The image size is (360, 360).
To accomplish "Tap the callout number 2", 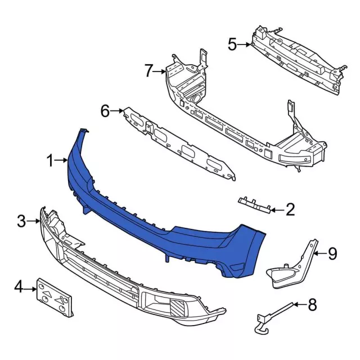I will click(290, 210).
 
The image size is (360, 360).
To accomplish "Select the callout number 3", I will click(21, 222).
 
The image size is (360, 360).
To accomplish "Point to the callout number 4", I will click(19, 288).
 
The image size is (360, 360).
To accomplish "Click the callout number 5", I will click(232, 43).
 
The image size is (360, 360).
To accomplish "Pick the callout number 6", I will click(105, 111).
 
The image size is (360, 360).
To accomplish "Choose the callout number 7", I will click(148, 71).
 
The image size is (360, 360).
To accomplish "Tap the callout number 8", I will click(312, 306).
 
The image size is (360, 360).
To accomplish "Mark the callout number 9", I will click(332, 254).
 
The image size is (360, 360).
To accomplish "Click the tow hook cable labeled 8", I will click(276, 312).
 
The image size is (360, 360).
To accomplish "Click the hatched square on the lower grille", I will click(178, 307).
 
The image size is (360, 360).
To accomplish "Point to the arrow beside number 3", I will click(35, 222).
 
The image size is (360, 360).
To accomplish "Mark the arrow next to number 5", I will click(245, 44).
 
